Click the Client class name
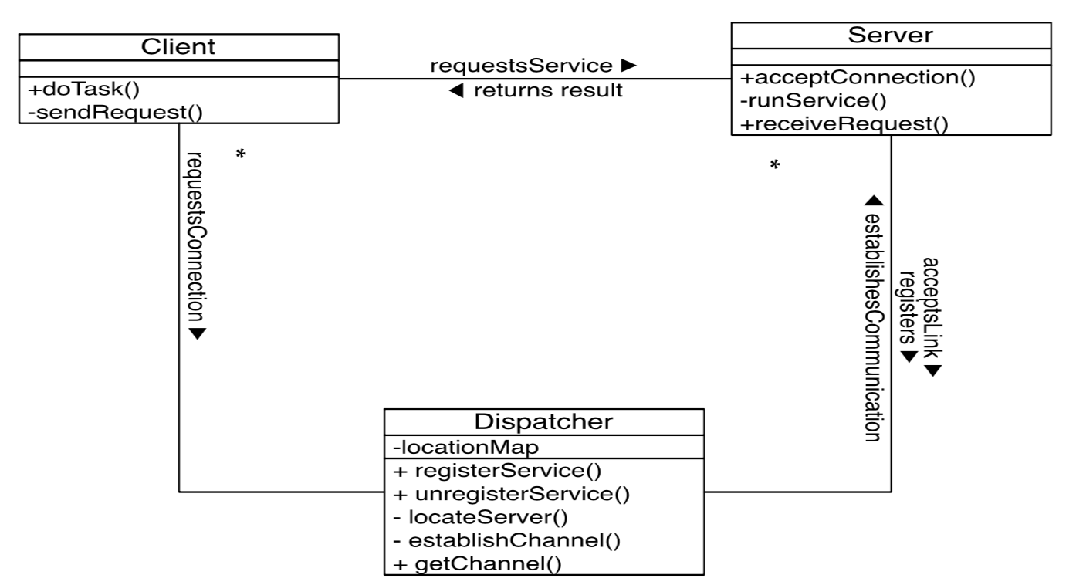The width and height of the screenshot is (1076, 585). (x=178, y=46)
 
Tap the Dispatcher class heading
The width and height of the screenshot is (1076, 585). (x=543, y=422)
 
